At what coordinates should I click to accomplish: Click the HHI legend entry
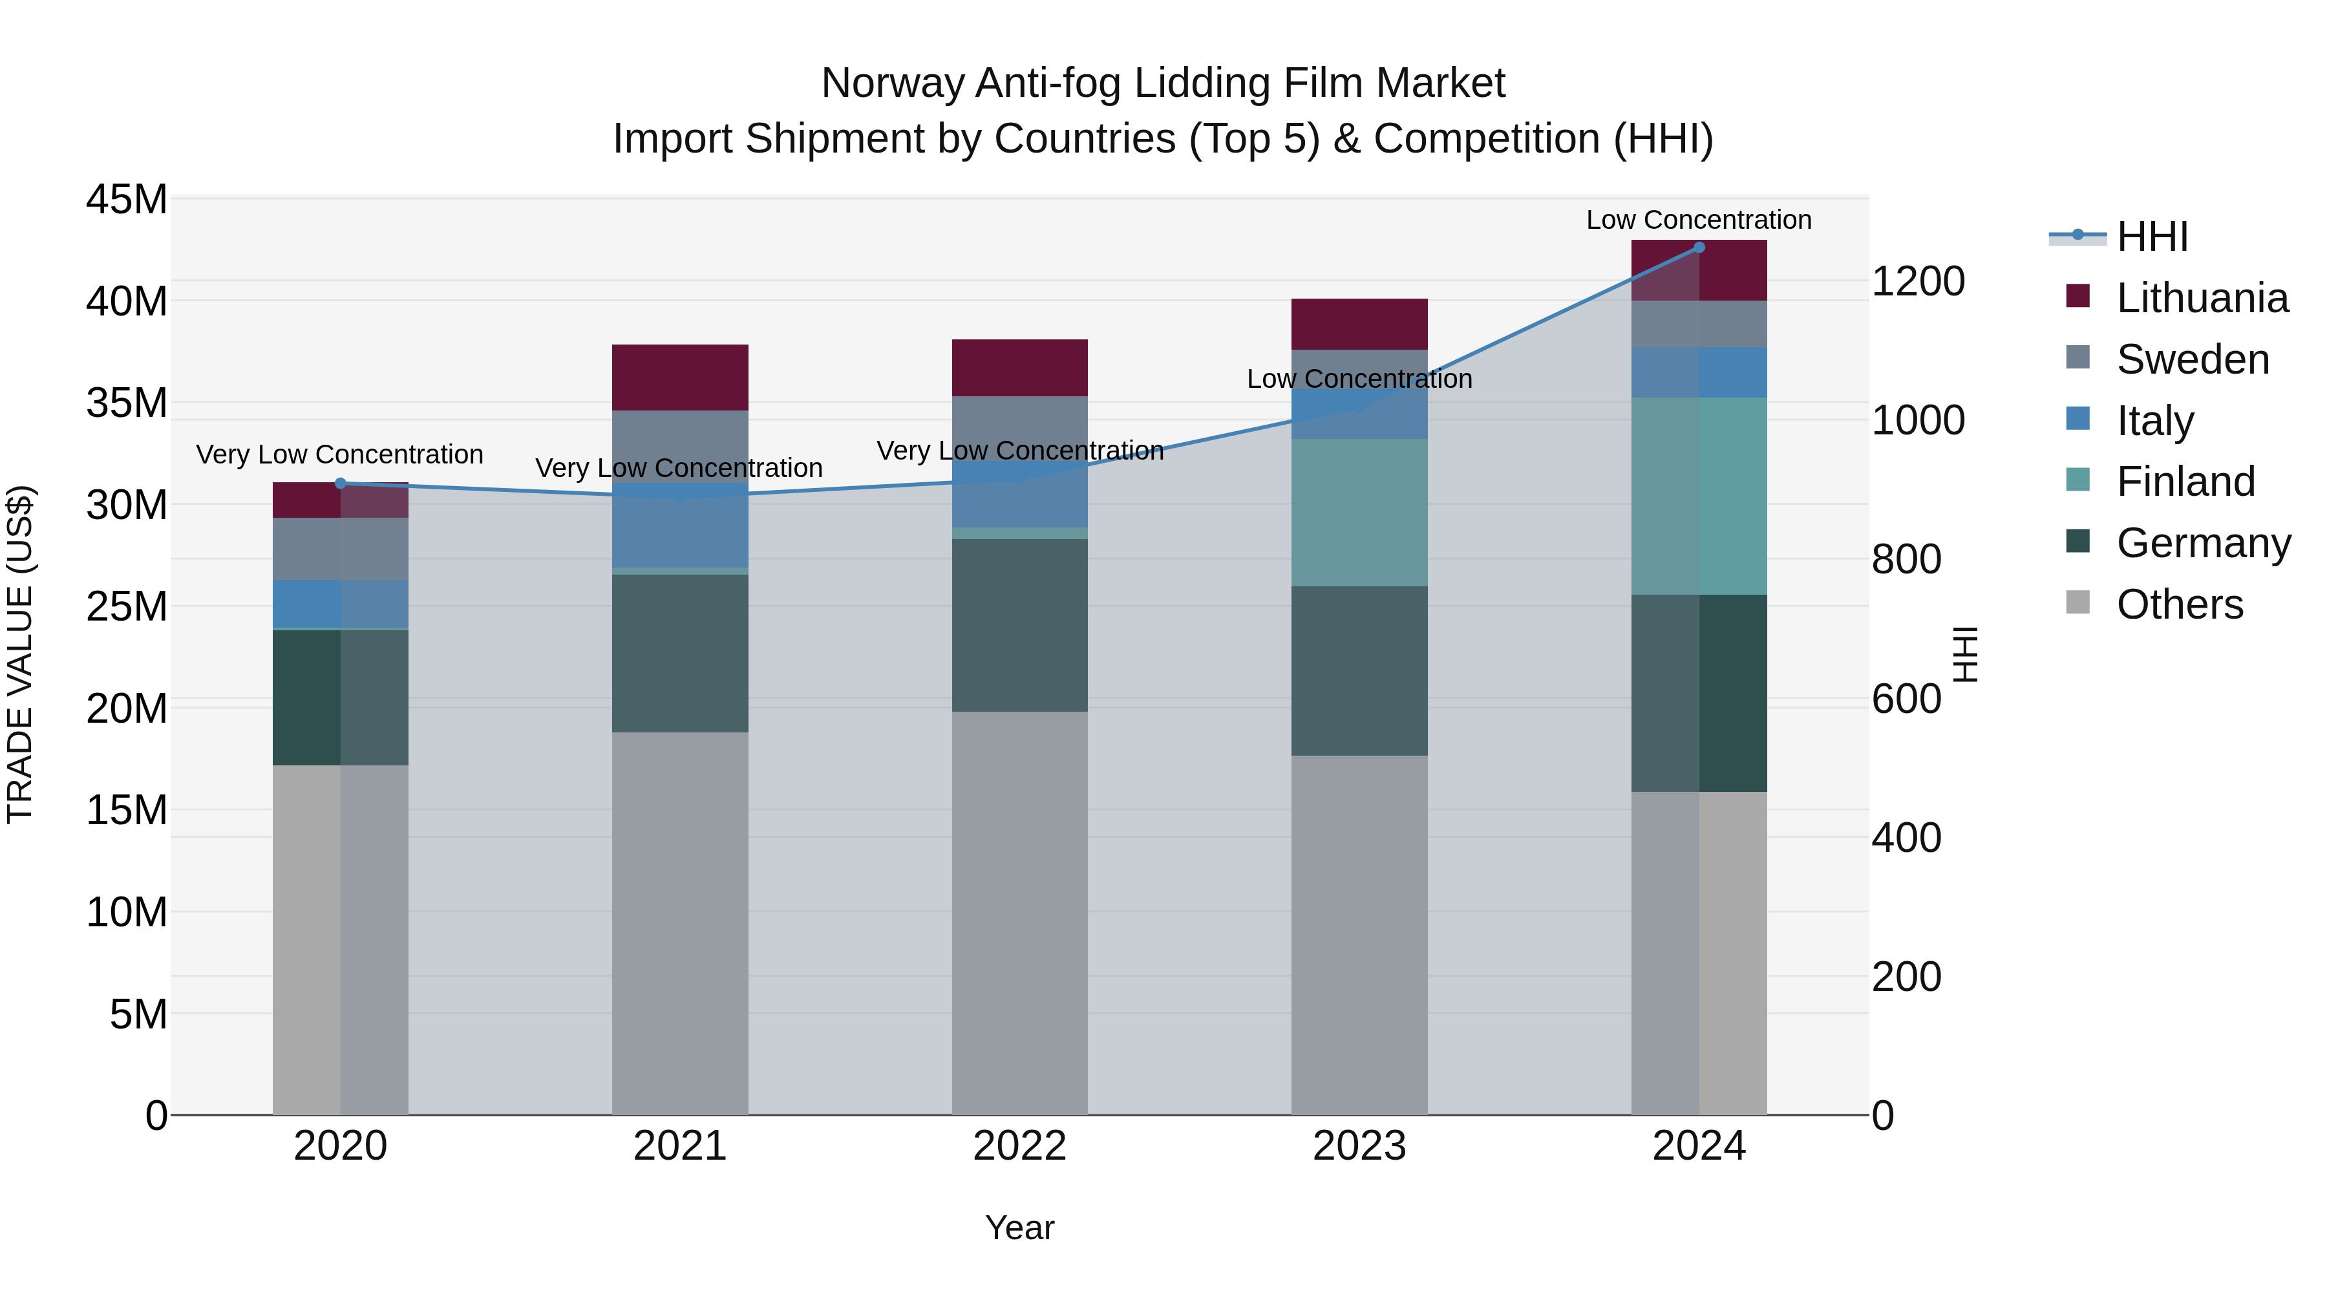[x=2151, y=237]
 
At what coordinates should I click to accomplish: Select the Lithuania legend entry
[x=2202, y=298]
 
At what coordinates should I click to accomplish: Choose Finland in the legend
[x=2185, y=482]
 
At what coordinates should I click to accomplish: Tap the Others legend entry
[x=2179, y=604]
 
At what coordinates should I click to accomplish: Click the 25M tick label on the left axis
[x=127, y=606]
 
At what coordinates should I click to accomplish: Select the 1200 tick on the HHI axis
[x=1918, y=281]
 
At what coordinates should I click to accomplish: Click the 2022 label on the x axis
[x=1019, y=1146]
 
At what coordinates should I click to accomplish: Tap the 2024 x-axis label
[x=1698, y=1146]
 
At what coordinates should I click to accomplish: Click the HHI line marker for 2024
[x=1698, y=248]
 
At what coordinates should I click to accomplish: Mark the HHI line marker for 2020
[x=341, y=484]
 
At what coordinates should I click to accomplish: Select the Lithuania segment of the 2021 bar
[x=679, y=378]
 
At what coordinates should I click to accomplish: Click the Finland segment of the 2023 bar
[x=1359, y=512]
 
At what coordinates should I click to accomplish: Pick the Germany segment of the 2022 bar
[x=1019, y=625]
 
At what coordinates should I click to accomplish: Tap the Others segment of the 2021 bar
[x=679, y=921]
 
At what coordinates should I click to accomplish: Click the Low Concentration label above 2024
[x=1698, y=220]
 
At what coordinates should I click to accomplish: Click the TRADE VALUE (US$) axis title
[x=20, y=654]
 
